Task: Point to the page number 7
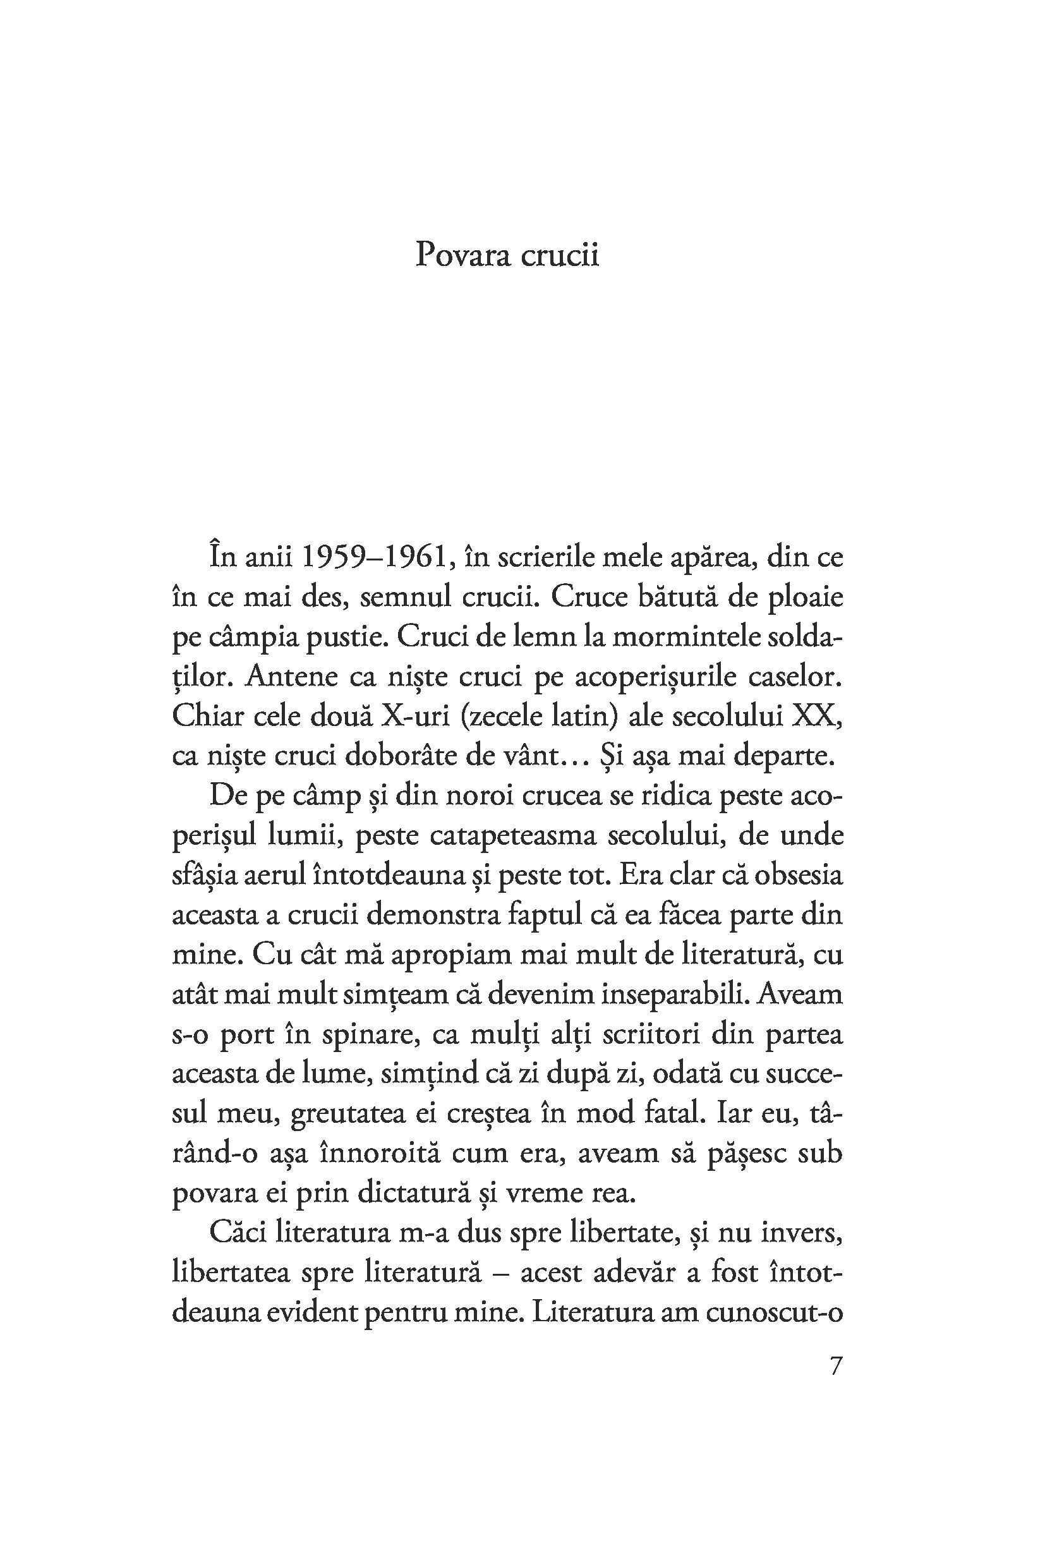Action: (x=837, y=1365)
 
